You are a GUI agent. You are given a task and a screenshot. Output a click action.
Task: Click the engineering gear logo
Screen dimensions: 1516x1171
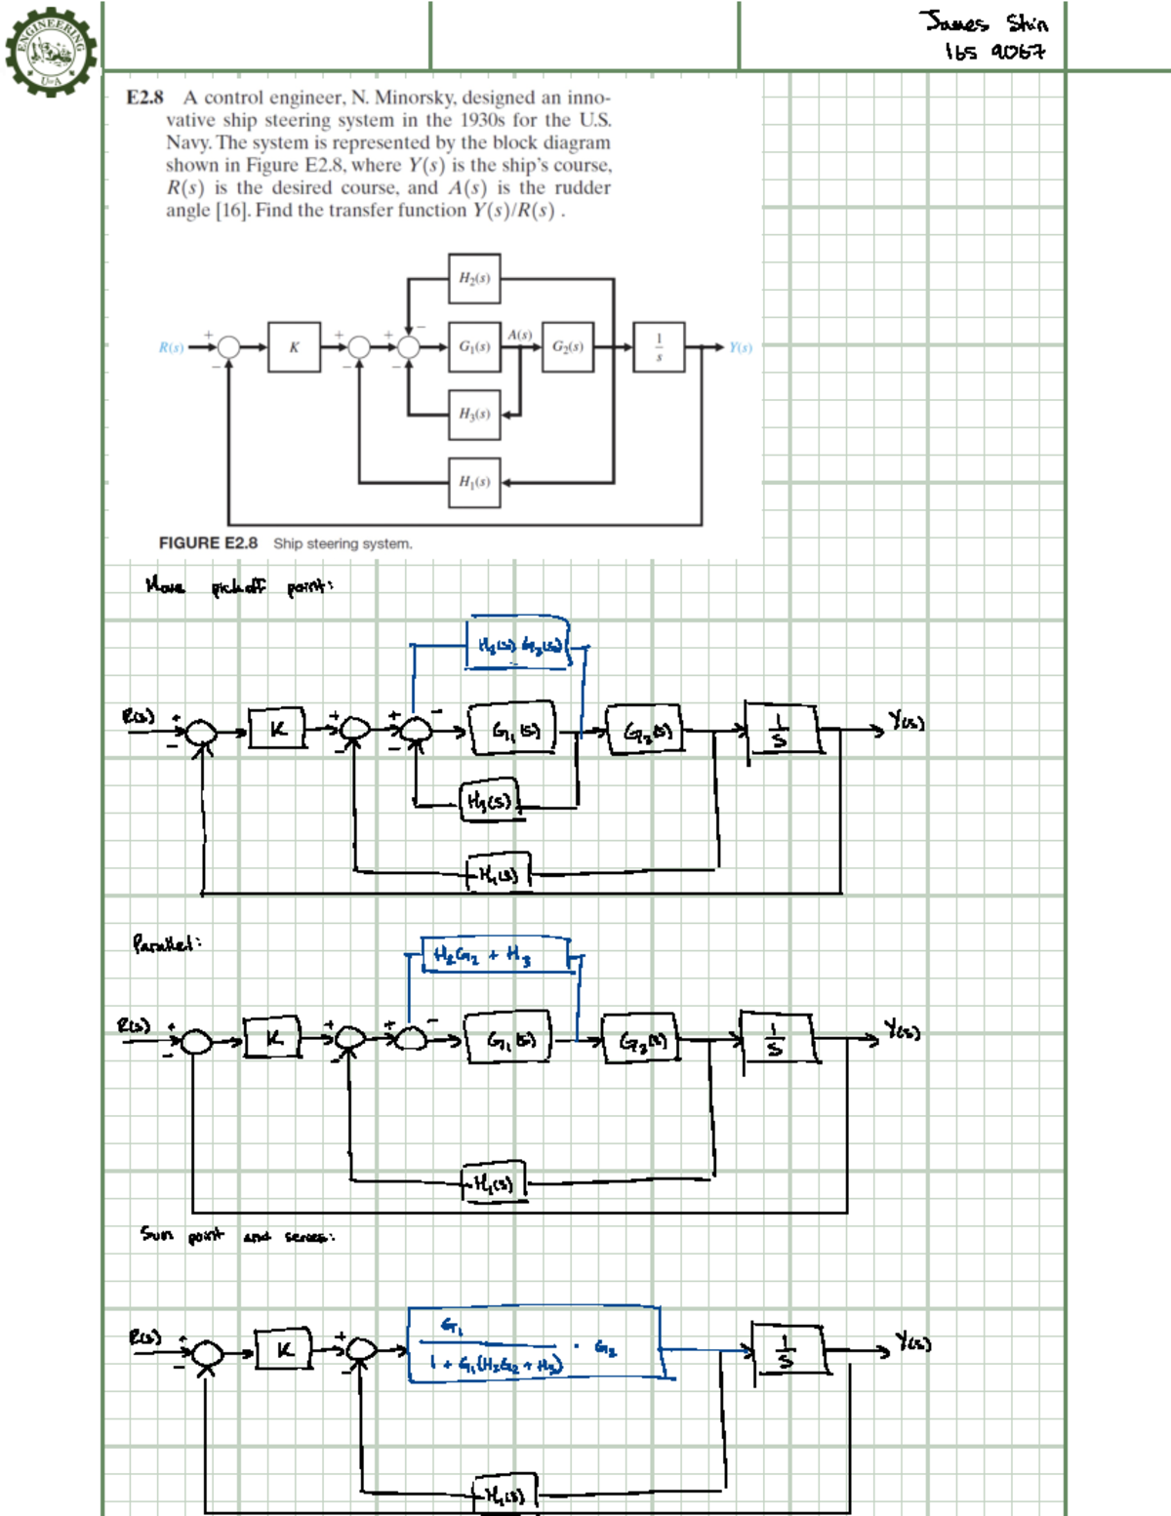[51, 49]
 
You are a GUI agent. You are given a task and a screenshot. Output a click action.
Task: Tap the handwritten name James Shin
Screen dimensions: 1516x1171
[983, 22]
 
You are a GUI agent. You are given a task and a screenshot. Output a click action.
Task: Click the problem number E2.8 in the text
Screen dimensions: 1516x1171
[144, 98]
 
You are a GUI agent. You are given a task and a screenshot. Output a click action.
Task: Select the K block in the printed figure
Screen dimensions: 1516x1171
[294, 346]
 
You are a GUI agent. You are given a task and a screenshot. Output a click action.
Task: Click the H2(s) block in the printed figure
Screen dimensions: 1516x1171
[474, 278]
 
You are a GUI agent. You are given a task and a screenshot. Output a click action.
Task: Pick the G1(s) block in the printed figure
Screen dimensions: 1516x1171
[474, 346]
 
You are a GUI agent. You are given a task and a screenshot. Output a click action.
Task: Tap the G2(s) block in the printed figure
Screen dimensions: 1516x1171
[567, 346]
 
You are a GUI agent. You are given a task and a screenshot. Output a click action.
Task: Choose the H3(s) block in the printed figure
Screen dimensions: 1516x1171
[474, 414]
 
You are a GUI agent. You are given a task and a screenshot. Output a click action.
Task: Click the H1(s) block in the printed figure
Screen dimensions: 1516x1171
[474, 482]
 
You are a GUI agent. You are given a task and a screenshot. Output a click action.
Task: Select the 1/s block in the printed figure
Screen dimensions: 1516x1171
[659, 346]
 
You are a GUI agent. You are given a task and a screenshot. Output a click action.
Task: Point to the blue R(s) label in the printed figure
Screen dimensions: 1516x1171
[171, 347]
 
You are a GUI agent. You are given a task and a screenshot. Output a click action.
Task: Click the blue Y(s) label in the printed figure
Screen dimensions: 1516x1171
[741, 347]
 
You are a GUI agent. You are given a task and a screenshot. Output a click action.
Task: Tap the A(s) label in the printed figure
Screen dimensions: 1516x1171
[519, 335]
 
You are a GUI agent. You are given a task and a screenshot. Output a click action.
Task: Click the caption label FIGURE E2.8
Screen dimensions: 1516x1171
[208, 543]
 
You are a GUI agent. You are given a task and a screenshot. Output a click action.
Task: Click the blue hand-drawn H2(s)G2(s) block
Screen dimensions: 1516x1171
[518, 644]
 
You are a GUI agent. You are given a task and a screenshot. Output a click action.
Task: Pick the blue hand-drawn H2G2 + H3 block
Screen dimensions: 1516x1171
[496, 955]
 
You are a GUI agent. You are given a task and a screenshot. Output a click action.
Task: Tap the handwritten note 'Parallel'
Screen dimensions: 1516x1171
[167, 944]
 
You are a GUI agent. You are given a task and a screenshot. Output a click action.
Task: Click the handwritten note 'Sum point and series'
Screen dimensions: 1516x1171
[237, 1236]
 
